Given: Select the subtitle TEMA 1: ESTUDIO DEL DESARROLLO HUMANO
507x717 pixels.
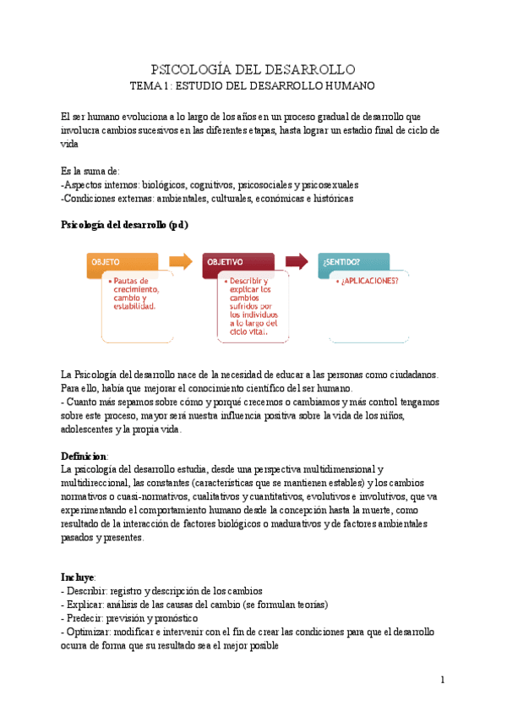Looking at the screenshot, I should point(253,86).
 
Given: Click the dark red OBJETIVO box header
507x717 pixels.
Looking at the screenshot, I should point(237,263).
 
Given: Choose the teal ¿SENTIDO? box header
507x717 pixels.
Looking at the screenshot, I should point(353,263).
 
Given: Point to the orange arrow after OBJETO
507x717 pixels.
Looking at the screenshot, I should point(180,261).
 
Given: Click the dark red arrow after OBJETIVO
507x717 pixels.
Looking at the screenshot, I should point(297,261).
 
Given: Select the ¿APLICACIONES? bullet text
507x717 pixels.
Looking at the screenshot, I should point(368,282).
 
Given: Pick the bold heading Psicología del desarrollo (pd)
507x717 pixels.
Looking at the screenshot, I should point(124,225).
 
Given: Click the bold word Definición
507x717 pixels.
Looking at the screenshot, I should point(84,456).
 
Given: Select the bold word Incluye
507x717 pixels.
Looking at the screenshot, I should point(79,577).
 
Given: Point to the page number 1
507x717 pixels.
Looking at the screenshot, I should point(441,680).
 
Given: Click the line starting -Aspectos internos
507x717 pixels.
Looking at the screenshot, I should point(210,184).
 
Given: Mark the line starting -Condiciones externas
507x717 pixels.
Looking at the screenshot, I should point(207,198).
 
